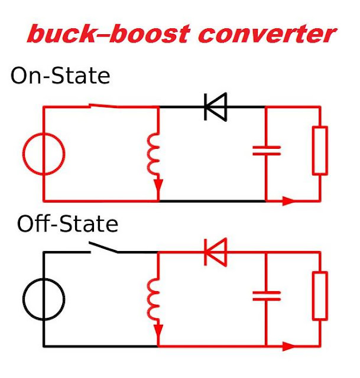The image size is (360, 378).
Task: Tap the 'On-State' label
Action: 60,76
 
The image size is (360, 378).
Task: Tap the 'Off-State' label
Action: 67,224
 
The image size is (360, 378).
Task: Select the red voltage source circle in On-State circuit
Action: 44,155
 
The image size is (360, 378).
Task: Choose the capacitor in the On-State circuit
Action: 266,150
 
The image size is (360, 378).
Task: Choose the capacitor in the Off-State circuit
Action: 266,295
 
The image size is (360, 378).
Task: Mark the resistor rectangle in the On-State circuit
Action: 320,150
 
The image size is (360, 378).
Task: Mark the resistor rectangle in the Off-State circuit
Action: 320,295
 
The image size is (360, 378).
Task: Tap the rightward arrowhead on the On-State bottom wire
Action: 288,201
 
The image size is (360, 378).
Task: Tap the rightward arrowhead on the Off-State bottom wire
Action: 288,346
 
